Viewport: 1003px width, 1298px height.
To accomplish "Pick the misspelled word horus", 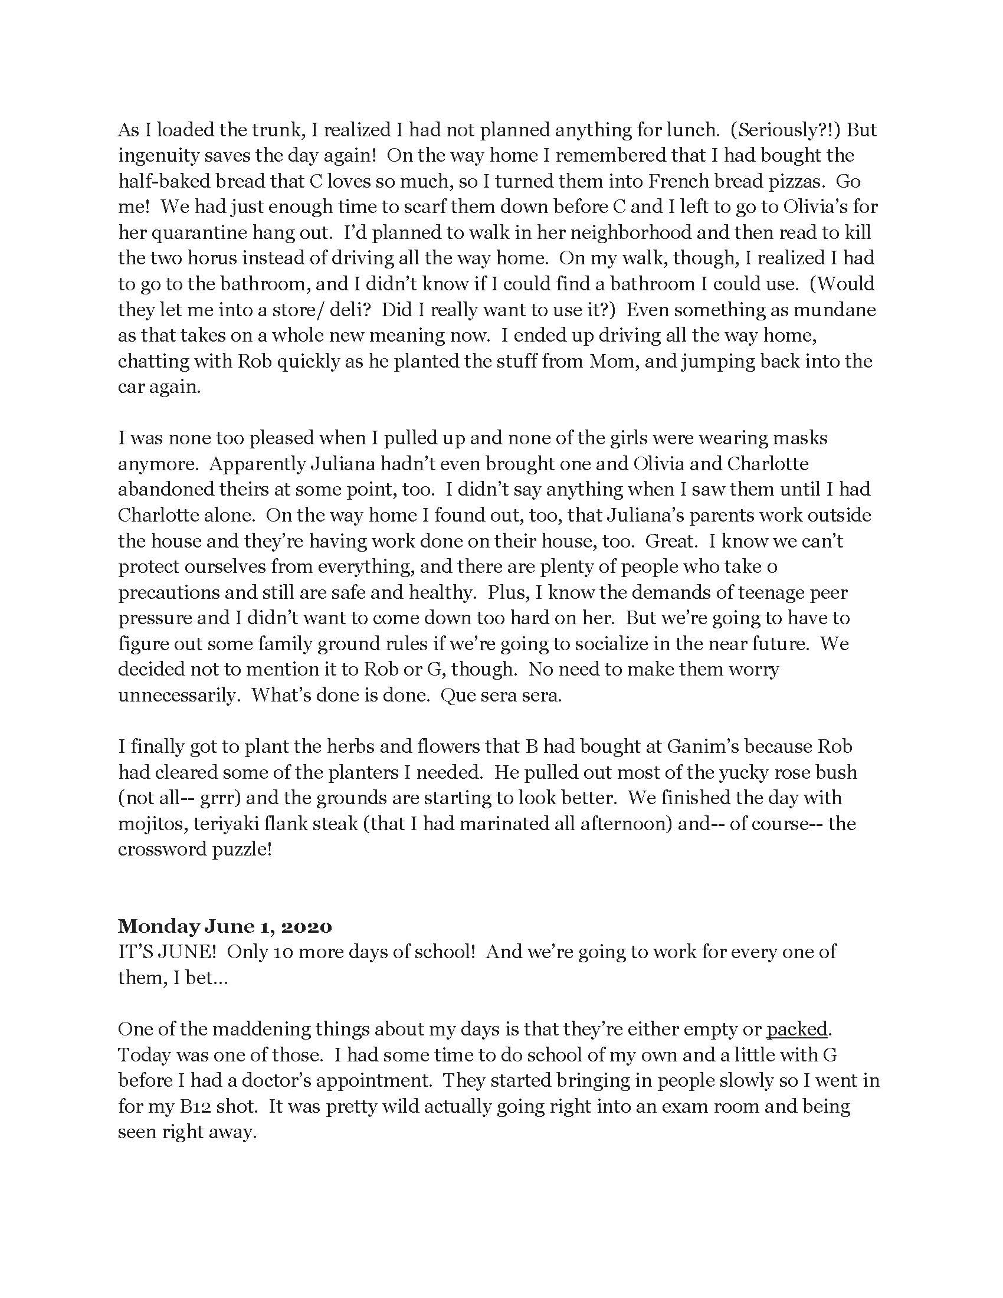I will tap(194, 258).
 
